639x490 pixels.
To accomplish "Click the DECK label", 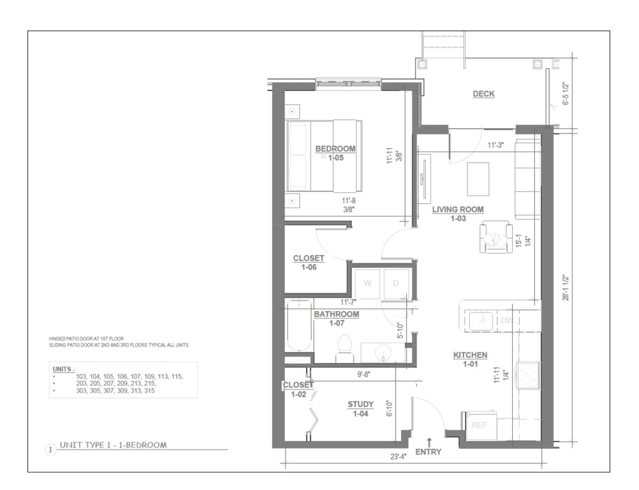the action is click(x=484, y=94).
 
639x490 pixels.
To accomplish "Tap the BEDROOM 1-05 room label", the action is click(x=335, y=153).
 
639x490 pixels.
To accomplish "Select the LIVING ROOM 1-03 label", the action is click(x=458, y=214).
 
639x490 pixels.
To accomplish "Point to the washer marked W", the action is click(x=367, y=284).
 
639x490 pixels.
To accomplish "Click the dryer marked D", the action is click(x=396, y=284).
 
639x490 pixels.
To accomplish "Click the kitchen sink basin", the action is click(x=481, y=321).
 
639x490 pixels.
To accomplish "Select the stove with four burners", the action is click(x=528, y=375).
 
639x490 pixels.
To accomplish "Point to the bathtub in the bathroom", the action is click(x=299, y=325).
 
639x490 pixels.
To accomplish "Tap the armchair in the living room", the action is click(x=496, y=237).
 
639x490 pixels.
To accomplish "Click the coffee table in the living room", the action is click(x=478, y=179).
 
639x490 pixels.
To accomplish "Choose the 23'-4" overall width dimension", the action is click(x=398, y=457).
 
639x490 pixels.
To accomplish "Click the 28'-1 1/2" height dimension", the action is click(x=566, y=288).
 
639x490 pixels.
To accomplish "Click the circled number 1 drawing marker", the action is click(x=51, y=450).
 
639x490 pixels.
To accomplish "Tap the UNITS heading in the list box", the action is click(x=63, y=369).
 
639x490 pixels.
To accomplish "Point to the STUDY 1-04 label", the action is click(x=361, y=409).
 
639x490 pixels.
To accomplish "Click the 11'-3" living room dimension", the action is click(x=496, y=145).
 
